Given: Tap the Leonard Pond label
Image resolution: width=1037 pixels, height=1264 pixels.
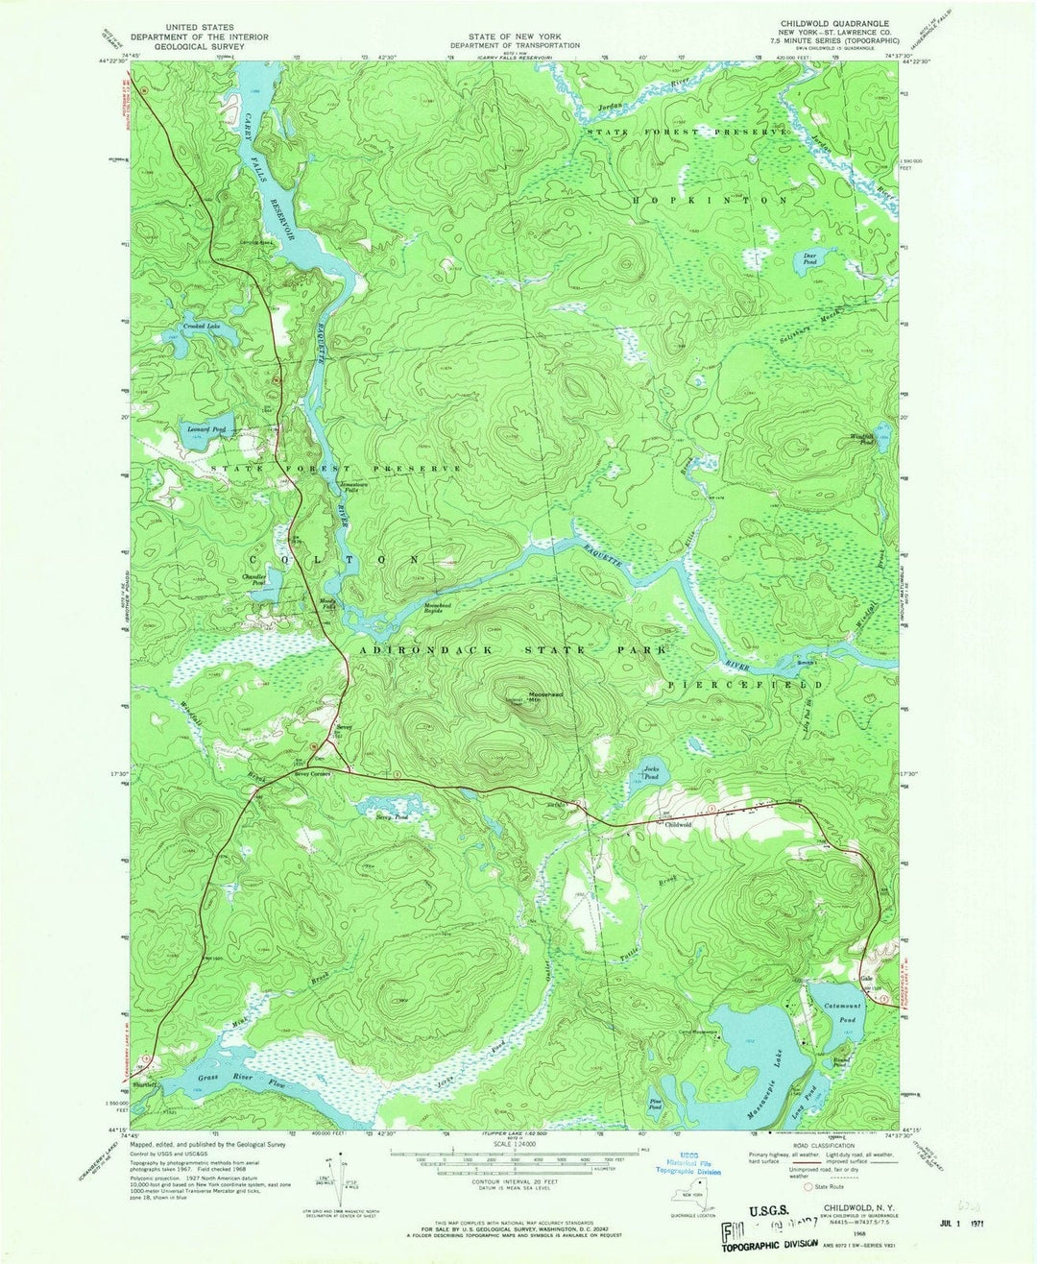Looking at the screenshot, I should pos(205,428).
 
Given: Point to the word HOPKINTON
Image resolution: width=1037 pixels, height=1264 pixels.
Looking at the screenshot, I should pos(710,200).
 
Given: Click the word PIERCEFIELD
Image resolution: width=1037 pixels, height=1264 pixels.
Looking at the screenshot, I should pos(745,685).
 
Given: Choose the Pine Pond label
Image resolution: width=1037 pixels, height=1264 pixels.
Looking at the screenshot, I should pos(657,1106).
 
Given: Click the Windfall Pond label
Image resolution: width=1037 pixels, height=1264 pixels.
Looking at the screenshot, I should pos(863,439).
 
